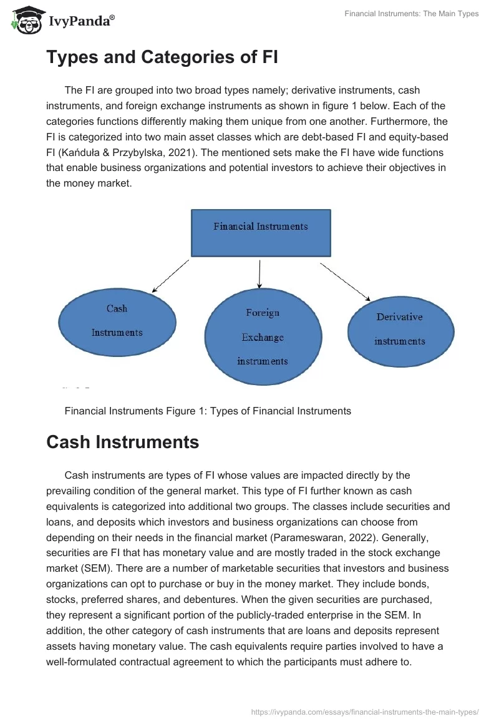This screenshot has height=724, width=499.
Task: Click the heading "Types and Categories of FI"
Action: point(162,57)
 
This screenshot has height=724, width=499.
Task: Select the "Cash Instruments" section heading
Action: point(122,443)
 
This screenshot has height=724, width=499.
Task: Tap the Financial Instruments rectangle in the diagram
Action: point(260,232)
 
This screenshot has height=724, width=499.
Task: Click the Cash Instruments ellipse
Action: point(117,321)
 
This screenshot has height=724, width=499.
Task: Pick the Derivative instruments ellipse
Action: point(400,329)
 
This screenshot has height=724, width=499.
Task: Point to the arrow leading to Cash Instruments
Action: point(170,276)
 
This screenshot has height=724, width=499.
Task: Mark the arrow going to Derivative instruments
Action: point(346,280)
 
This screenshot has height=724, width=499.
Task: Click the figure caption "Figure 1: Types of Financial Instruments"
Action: point(208,411)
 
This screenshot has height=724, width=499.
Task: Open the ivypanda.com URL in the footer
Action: point(364,711)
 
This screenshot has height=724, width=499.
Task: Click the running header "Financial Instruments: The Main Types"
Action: point(411,14)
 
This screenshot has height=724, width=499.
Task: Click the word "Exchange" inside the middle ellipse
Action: point(263,337)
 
